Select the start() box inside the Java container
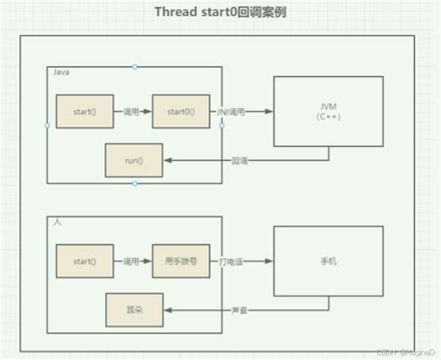(84, 112)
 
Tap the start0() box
(180, 112)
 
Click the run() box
(134, 160)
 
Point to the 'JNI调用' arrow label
(233, 112)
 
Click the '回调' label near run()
(239, 160)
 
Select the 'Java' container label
(60, 71)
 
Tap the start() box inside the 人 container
(84, 261)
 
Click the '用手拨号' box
(180, 261)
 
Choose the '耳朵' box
(134, 304)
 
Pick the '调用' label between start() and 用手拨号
(132, 261)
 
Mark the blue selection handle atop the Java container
(135, 66)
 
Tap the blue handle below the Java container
(135, 183)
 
